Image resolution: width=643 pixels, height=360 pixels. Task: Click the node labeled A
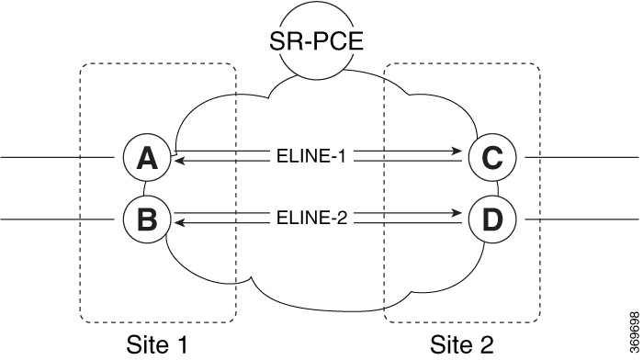tap(145, 159)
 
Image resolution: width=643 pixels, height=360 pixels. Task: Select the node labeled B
tap(145, 219)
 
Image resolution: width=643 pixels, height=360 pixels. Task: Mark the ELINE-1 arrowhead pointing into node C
tap(456, 151)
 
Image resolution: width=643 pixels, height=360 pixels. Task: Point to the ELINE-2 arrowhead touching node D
tap(456, 212)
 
